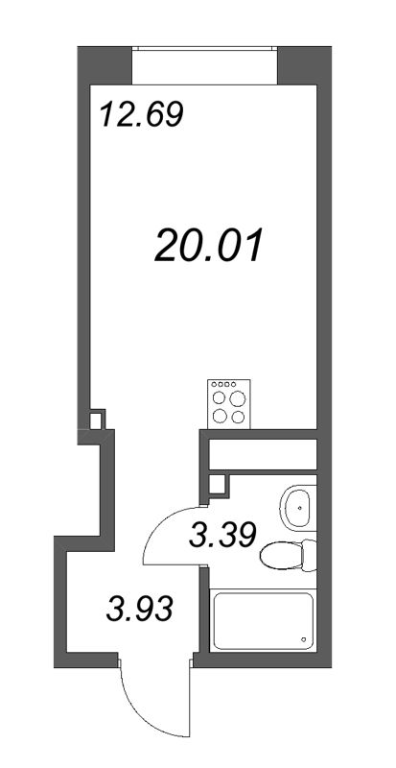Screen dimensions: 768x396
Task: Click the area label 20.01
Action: point(207,248)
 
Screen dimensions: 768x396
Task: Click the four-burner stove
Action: point(226,404)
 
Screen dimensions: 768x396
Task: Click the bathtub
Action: point(263,622)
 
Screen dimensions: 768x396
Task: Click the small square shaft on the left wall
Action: point(96,420)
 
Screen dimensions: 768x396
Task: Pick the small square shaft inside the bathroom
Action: point(220,485)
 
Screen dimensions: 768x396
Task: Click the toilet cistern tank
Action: point(308,556)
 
